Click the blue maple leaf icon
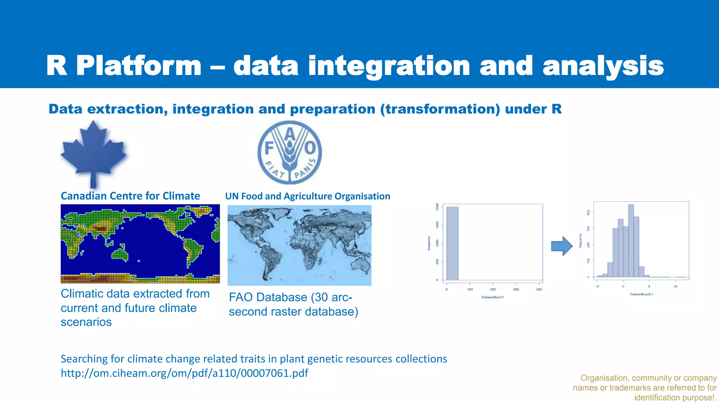tap(93, 153)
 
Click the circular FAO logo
tap(290, 152)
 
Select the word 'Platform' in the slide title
tap(139, 66)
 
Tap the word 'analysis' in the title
tap(603, 66)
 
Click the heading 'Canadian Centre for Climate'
tap(130, 196)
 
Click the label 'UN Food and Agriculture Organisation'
tap(308, 196)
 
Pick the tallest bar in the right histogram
tap(631, 241)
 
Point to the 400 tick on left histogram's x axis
tap(539, 289)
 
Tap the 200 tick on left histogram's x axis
tap(493, 289)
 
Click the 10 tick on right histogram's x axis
tap(675, 287)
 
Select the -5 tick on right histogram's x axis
tap(597, 287)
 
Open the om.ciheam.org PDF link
tap(184, 373)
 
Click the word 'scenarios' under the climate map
tap(86, 322)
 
